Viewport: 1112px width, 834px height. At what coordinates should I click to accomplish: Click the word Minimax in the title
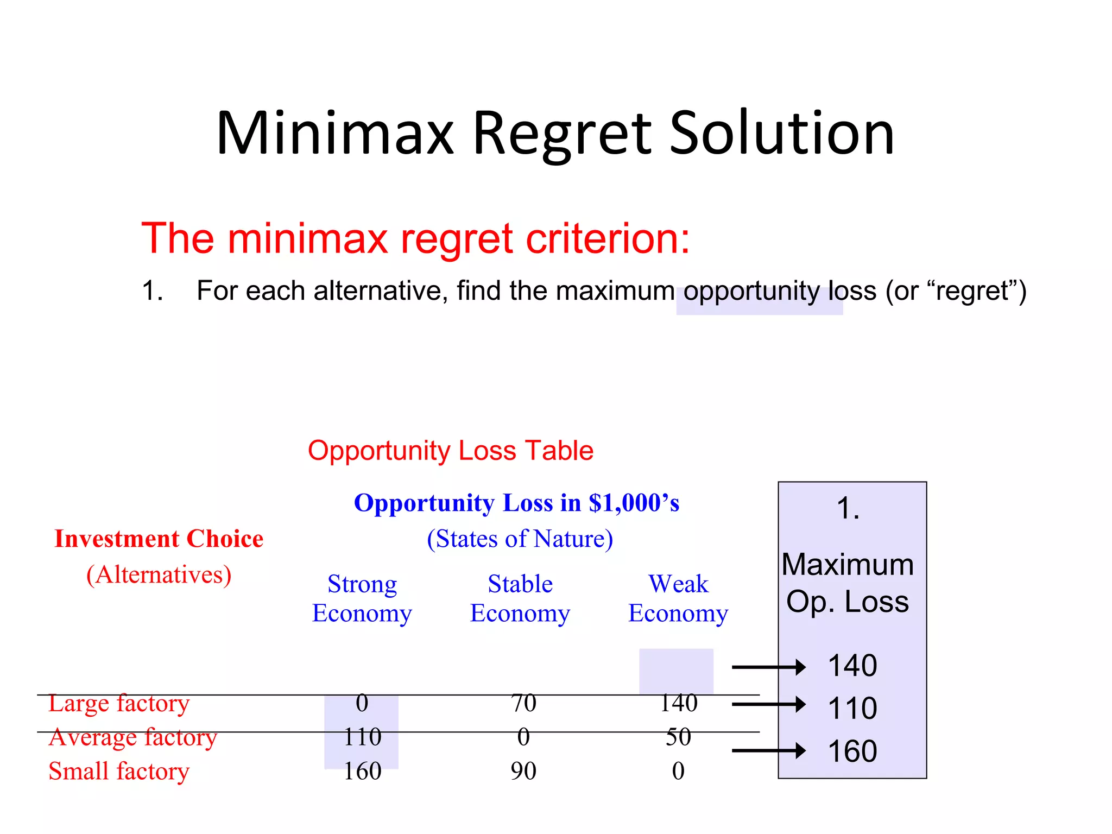tap(334, 134)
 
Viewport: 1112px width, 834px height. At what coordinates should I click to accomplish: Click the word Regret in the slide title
tap(562, 134)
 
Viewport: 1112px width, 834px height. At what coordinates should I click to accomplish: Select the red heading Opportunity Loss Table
tap(450, 451)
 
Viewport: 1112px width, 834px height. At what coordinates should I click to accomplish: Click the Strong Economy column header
tap(362, 598)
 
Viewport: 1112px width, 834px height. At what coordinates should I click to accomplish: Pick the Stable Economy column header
tap(520, 598)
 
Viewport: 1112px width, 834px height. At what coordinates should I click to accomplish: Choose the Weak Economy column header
tap(678, 598)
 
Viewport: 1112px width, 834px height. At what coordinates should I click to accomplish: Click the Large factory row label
tap(119, 704)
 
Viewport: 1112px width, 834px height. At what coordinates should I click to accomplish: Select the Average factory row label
tap(133, 737)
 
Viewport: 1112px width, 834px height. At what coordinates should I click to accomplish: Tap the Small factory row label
tap(119, 771)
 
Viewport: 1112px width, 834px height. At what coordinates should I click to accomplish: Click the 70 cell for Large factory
tap(523, 704)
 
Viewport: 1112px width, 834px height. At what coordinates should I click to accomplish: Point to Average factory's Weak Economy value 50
tap(678, 737)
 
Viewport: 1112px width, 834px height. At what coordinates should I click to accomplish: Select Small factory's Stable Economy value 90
tap(523, 771)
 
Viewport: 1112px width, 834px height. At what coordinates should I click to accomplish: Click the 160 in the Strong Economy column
tap(362, 771)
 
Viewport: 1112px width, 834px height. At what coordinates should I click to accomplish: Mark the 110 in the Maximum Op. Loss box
tap(852, 709)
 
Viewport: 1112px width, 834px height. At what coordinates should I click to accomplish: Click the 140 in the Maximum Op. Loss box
tap(852, 666)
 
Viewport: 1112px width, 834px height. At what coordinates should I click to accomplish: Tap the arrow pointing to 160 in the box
tap(768, 751)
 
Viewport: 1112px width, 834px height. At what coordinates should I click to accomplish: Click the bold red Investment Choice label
tap(159, 539)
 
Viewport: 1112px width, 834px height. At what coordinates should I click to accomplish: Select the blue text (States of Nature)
tap(520, 539)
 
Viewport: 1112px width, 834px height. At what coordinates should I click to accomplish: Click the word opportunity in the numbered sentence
tap(751, 291)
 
